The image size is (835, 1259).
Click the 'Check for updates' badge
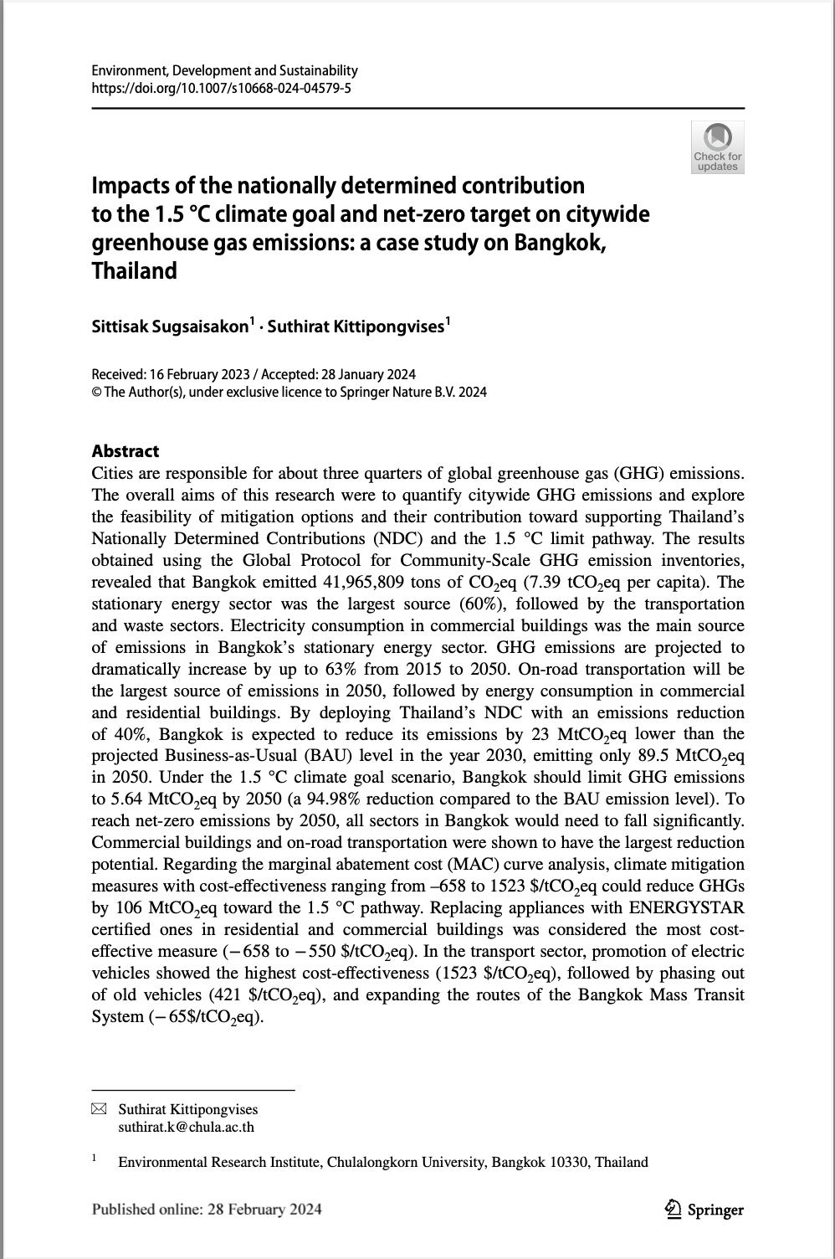pyautogui.click(x=718, y=147)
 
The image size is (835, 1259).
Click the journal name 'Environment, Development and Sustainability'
pyautogui.click(x=224, y=71)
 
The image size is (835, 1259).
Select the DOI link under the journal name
pyautogui.click(x=221, y=87)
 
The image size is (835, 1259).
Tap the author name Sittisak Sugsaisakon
pyautogui.click(x=170, y=326)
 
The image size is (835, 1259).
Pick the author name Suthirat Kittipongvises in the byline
pyautogui.click(x=356, y=326)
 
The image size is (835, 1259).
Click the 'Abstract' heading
pyautogui.click(x=126, y=451)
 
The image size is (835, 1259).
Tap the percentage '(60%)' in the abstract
pyautogui.click(x=486, y=604)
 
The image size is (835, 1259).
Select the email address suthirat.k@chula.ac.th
pyautogui.click(x=186, y=1127)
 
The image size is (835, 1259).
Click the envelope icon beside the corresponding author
pyautogui.click(x=99, y=1109)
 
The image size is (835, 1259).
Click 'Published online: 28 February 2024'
pyautogui.click(x=207, y=1209)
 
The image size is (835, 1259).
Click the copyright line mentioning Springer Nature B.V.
pyautogui.click(x=289, y=392)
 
